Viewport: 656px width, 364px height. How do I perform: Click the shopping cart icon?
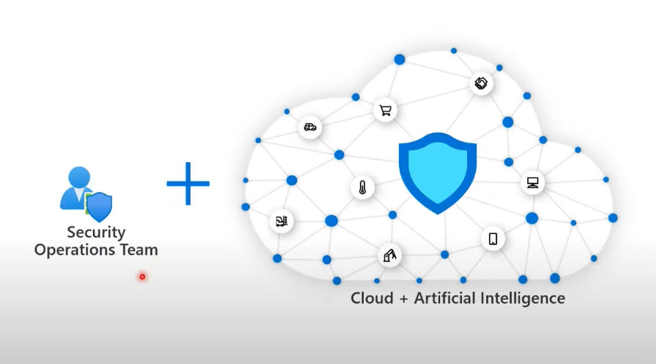pyautogui.click(x=385, y=110)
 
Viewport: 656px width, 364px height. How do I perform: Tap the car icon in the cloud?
pyautogui.click(x=310, y=127)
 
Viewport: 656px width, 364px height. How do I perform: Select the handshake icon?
pyautogui.click(x=481, y=83)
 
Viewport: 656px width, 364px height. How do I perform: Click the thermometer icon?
pyautogui.click(x=362, y=188)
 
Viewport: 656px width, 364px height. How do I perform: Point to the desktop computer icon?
pyautogui.click(x=532, y=183)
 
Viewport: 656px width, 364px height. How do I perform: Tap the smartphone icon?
pyautogui.click(x=493, y=239)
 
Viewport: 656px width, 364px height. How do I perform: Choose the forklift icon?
pyautogui.click(x=281, y=221)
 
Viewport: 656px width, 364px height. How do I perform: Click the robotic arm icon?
pyautogui.click(x=389, y=255)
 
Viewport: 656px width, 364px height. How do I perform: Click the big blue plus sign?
pyautogui.click(x=188, y=184)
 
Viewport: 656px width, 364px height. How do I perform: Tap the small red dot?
pyautogui.click(x=142, y=277)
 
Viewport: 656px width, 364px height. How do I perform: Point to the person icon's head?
pyautogui.click(x=79, y=177)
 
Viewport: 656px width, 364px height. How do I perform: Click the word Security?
pyautogui.click(x=96, y=232)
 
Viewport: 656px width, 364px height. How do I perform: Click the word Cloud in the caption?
pyautogui.click(x=372, y=298)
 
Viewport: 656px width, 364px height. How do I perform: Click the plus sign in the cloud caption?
pyautogui.click(x=403, y=299)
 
